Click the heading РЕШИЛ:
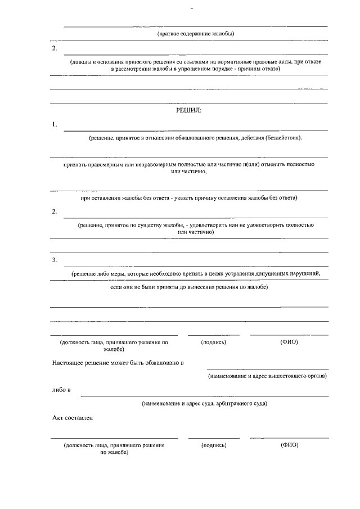coord(188,110)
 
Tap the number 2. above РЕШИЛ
coord(55,48)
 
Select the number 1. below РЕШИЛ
coord(55,124)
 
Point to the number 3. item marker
coord(55,260)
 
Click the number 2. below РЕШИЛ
coord(55,211)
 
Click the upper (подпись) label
coord(213,342)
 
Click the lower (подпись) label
coord(214,445)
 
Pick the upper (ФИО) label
coord(289,342)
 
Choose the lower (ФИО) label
coord(289,445)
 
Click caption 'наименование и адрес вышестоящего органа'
coord(267,375)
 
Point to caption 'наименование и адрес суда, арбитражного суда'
coord(204,403)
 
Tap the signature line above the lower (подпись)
coord(214,438)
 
